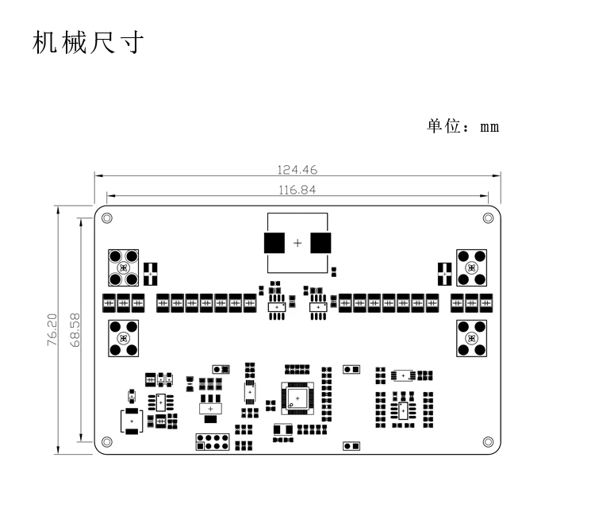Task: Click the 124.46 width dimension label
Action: pos(297,170)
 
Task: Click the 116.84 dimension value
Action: pos(297,190)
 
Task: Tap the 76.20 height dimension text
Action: pos(52,329)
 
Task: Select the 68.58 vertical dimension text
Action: pos(75,329)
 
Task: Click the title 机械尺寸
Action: pos(88,43)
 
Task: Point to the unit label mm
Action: pos(489,127)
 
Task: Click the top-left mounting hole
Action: pos(107,218)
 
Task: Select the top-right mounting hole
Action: pos(488,218)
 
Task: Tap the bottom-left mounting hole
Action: pos(107,442)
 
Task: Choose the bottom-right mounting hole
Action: pos(488,442)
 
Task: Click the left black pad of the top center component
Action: pos(274,243)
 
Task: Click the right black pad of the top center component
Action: pos(321,243)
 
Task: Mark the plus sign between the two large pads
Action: pos(297,243)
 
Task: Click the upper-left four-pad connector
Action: pos(123,268)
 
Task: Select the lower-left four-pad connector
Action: pos(123,338)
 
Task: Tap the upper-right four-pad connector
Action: pos(472,268)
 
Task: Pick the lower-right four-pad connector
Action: pos(472,338)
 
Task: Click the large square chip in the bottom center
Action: pos(297,398)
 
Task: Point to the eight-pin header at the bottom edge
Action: pos(213,442)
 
